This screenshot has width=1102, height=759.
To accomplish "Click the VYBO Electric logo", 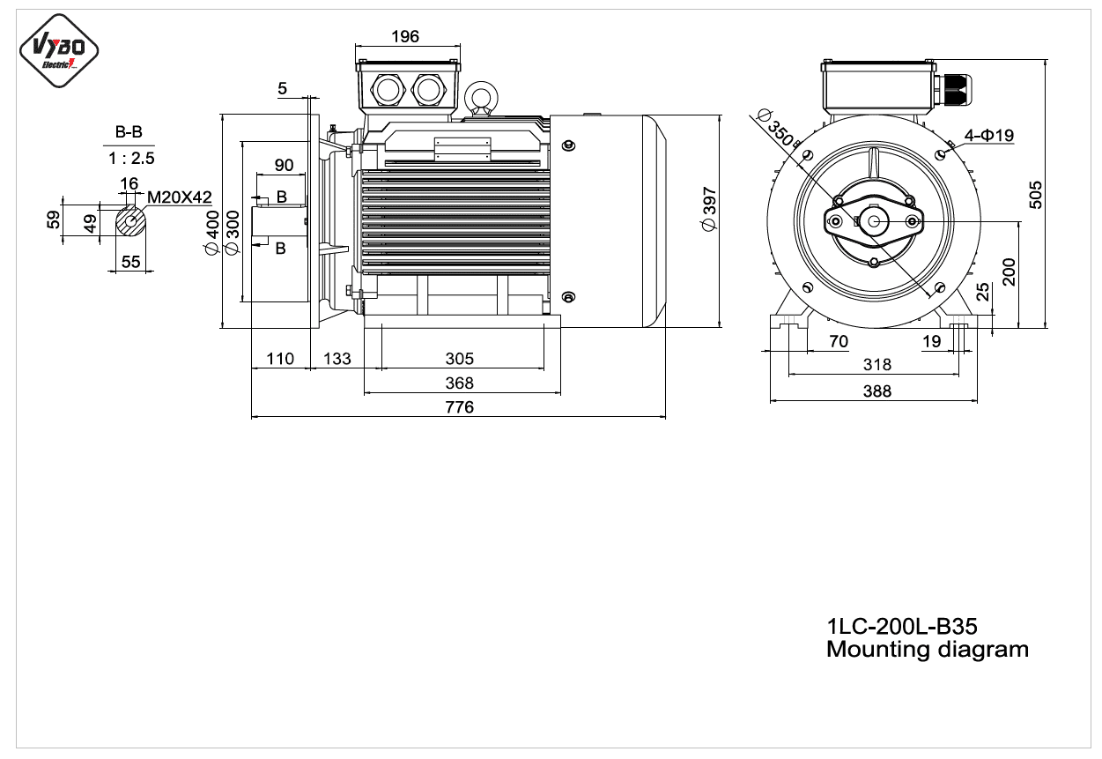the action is click(x=59, y=51).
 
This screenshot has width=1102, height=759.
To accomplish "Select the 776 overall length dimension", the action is click(x=460, y=407).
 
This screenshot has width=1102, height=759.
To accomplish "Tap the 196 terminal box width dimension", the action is click(x=405, y=36).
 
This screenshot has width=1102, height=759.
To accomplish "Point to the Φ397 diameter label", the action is click(x=709, y=209).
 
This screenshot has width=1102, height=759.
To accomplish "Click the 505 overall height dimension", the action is click(x=1036, y=195).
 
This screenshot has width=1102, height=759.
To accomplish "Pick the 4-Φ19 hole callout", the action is click(x=989, y=135).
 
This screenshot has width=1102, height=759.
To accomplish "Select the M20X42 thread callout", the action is click(x=180, y=197).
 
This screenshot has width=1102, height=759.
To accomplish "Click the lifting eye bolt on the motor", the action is click(x=481, y=99).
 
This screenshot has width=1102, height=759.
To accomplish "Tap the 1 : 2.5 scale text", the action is click(x=131, y=158).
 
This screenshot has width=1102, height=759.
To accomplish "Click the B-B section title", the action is click(x=129, y=132).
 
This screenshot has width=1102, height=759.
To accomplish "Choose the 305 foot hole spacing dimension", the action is click(x=460, y=358).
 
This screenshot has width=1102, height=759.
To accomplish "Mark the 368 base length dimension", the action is click(x=460, y=383).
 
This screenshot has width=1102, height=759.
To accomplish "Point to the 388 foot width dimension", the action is click(x=877, y=391).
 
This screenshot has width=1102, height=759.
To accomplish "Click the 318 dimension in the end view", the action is click(x=877, y=365).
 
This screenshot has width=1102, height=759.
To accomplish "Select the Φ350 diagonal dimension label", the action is click(x=776, y=128).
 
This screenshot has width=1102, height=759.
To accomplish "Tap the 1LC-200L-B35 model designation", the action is click(x=902, y=627).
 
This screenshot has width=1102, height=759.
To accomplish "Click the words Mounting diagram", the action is click(x=928, y=650).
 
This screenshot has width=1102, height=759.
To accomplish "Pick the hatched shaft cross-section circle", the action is click(x=131, y=221).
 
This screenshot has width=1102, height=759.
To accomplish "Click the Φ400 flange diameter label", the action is click(x=212, y=233).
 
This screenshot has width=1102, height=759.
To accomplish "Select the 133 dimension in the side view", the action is click(x=337, y=358).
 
